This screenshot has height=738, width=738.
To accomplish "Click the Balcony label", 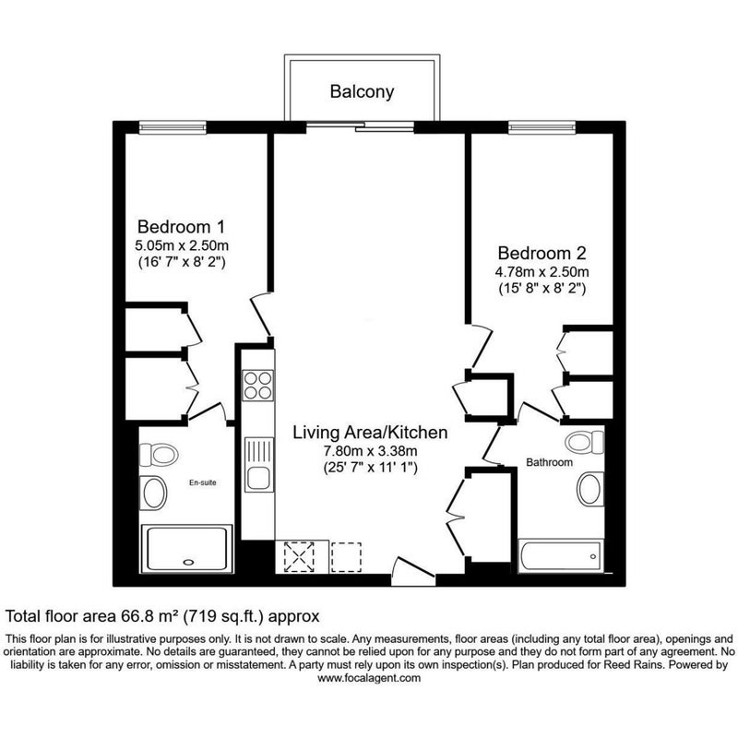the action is click(x=362, y=91).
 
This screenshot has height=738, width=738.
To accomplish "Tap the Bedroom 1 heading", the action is click(x=181, y=227).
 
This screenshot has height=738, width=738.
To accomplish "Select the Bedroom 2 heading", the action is click(x=542, y=253).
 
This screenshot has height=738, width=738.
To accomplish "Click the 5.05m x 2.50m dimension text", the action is click(x=182, y=245).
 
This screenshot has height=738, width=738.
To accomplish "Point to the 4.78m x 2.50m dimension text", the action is click(x=542, y=271).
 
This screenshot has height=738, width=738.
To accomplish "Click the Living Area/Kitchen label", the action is click(x=370, y=433).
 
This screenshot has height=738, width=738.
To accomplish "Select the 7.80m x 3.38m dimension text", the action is click(x=370, y=451).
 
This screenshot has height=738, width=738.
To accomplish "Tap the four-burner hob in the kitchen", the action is click(x=257, y=385).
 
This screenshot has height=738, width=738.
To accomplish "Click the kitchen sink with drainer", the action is click(x=258, y=465).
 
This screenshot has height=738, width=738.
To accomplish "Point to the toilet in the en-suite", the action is click(x=158, y=455).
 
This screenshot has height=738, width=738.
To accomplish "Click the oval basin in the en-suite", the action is click(x=154, y=493).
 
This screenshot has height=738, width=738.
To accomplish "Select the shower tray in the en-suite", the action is click(x=187, y=549).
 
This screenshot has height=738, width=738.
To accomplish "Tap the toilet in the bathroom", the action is click(x=584, y=442).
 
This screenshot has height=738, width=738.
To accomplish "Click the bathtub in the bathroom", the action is click(x=561, y=556).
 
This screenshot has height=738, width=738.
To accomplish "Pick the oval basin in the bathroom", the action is click(x=590, y=489).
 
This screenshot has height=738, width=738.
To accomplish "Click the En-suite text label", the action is click(x=202, y=482).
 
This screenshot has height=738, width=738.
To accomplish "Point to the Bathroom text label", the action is click(x=549, y=462).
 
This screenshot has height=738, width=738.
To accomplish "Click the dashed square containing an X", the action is click(x=299, y=557).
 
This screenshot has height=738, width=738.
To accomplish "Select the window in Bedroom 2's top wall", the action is click(x=542, y=127).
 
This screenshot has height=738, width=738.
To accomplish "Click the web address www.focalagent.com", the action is click(x=368, y=678).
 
